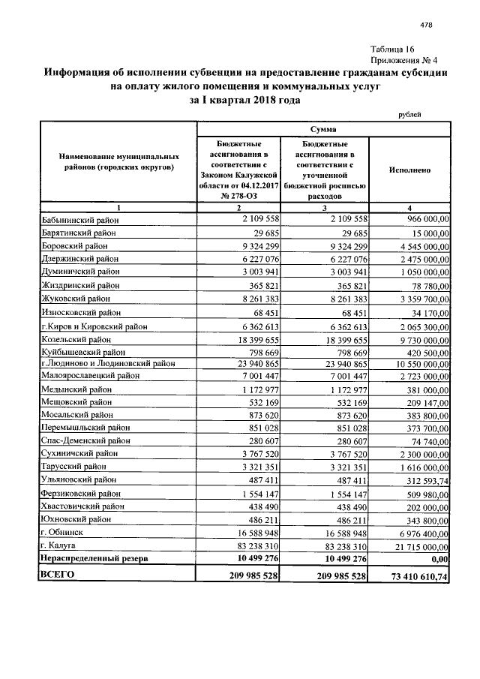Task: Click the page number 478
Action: (x=427, y=26)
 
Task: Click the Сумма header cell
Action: (x=322, y=130)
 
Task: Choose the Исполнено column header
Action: (x=409, y=170)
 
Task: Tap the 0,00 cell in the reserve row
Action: (x=439, y=558)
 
